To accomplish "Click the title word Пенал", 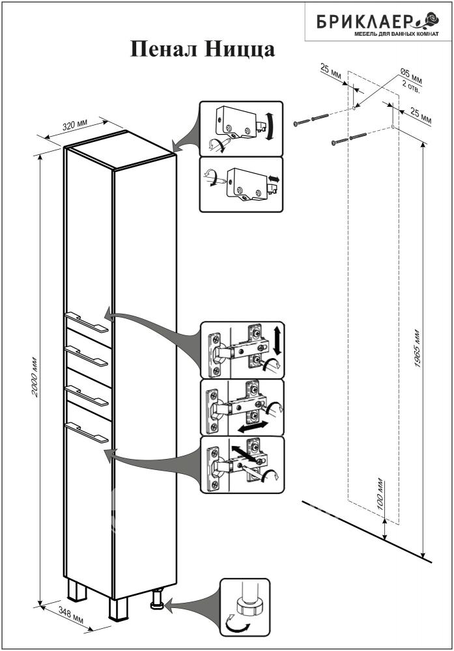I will (x=163, y=50).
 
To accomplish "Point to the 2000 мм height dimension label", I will (x=36, y=376).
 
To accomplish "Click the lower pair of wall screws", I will (x=349, y=139).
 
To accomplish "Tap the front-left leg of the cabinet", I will (x=118, y=609).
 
